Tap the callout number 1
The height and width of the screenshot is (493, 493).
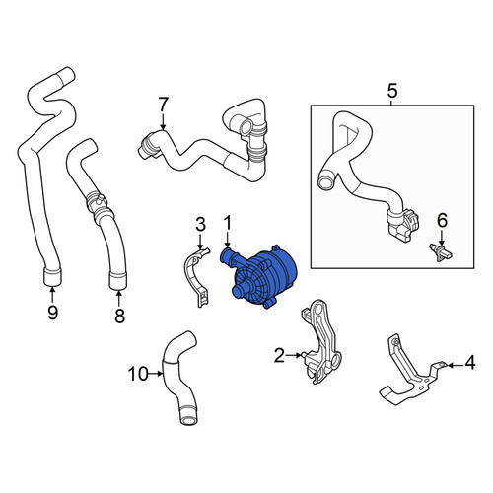tap(228, 223)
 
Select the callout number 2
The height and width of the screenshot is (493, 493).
tap(279, 355)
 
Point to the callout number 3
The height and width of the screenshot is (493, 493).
tap(200, 224)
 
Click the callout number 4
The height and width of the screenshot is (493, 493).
tap(470, 363)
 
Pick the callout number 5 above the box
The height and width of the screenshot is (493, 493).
tap(392, 91)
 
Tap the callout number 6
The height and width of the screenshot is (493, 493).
tap(443, 220)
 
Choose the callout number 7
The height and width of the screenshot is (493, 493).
tap(164, 105)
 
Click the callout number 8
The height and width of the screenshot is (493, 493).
tap(119, 316)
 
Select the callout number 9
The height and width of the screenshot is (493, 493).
tap(53, 312)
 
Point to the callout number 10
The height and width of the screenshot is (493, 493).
tap(138, 374)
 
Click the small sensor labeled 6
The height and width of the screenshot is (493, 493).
tap(441, 253)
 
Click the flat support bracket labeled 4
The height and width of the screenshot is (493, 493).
tap(411, 378)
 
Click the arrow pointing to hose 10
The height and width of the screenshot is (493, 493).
tap(155, 374)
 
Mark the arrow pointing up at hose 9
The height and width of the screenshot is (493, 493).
tap(52, 295)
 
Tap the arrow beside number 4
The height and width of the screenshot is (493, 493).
tap(455, 365)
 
